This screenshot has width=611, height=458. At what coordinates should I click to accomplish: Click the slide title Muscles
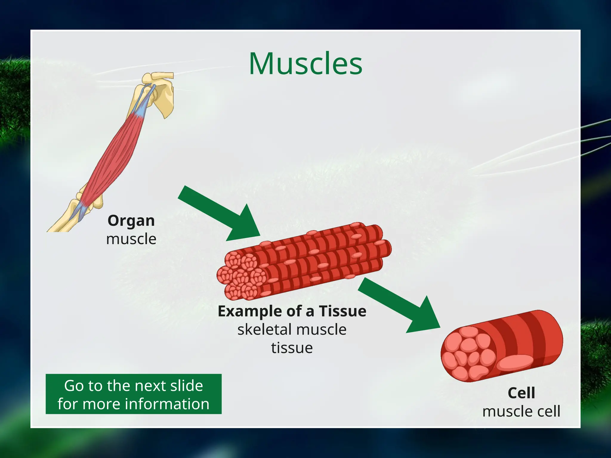point(305,64)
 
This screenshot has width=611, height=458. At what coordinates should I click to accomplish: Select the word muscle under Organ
point(131,239)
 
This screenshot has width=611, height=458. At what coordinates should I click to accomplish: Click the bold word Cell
point(521,393)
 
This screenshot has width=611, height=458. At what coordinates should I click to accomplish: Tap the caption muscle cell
point(521,411)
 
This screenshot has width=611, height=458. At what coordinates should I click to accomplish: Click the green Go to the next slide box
point(133,394)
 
